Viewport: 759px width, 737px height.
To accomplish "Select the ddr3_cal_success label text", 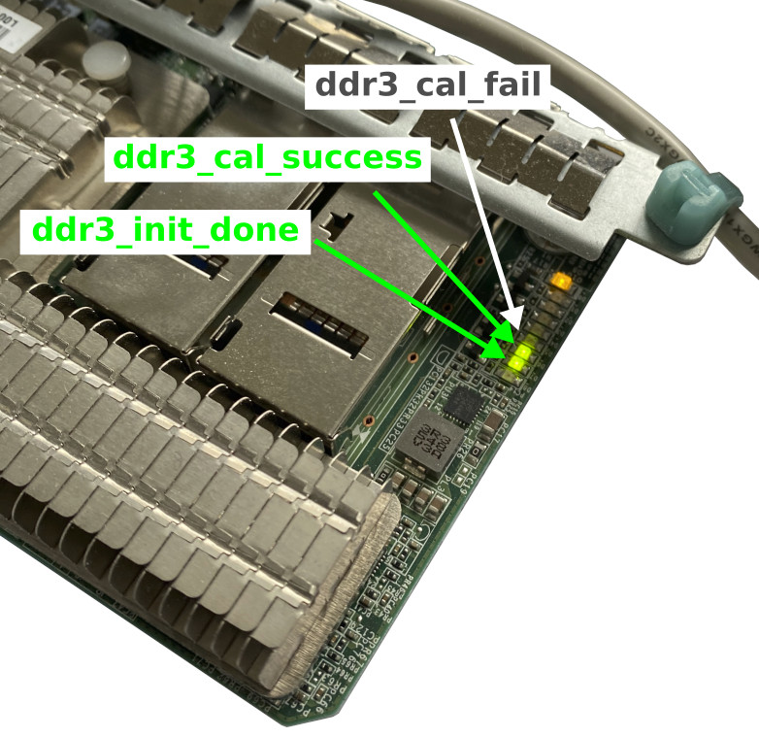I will tap(268, 157).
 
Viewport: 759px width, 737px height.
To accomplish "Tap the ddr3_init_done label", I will tap(166, 230).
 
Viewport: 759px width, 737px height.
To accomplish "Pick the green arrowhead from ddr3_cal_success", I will tap(503, 332).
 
